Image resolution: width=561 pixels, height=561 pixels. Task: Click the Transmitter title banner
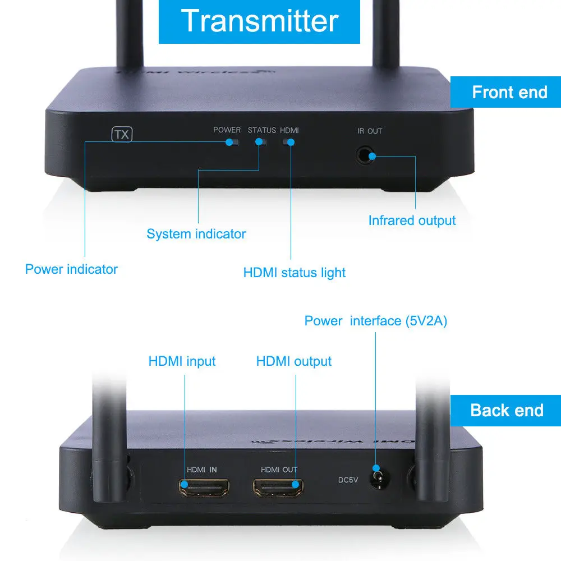click(259, 21)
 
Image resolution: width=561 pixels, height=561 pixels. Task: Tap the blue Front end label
click(509, 92)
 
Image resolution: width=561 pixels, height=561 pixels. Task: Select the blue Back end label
click(507, 410)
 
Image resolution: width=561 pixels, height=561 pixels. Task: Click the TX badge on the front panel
click(122, 135)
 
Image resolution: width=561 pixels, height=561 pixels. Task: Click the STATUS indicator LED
click(261, 142)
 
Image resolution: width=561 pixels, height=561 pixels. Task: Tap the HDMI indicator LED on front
click(289, 142)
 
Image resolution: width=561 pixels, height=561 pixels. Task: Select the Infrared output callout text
click(412, 220)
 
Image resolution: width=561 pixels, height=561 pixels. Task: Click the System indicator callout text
click(196, 234)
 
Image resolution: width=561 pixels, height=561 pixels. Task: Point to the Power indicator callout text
click(71, 269)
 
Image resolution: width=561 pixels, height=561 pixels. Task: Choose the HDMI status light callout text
click(294, 273)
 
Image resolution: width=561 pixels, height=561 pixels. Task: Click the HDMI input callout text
click(182, 361)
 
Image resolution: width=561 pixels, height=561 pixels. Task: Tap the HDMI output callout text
click(293, 361)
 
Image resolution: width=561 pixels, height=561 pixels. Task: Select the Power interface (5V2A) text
click(375, 321)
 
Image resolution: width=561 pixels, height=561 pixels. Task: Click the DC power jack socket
click(379, 480)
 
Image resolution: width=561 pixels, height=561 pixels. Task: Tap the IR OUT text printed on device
click(370, 131)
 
